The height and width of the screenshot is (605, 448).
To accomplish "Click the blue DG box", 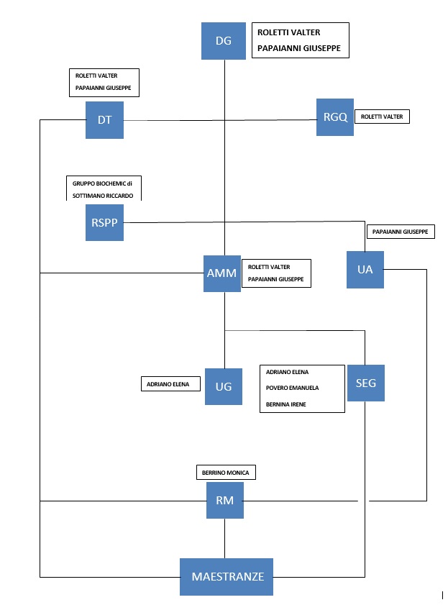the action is click(x=223, y=41).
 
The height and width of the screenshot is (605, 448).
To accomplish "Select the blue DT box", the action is click(x=104, y=120).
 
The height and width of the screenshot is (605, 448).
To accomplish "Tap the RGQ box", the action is click(x=335, y=117).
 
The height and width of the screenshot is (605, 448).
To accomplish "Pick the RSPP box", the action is click(x=104, y=222).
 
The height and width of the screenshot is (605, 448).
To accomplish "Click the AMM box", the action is click(x=222, y=273).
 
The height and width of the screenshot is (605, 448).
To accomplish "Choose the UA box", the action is click(x=365, y=270).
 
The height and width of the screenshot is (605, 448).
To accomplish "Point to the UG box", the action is click(x=224, y=386).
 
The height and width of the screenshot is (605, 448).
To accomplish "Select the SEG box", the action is click(x=366, y=383).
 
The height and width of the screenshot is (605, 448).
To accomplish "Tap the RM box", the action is click(x=225, y=501).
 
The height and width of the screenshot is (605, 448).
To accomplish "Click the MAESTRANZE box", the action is click(x=227, y=577).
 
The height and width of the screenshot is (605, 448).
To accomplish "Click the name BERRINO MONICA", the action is click(x=226, y=473).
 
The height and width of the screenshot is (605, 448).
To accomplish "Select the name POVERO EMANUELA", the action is click(x=292, y=388).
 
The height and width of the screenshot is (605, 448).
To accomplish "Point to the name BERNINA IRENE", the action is click(x=285, y=404).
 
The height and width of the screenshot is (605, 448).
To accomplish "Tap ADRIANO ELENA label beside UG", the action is click(x=168, y=384).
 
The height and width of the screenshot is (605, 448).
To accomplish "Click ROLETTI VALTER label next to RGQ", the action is click(x=382, y=117).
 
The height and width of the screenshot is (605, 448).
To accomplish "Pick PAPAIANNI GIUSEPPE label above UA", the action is click(x=401, y=232).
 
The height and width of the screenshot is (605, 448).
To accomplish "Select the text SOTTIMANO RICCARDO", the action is click(x=103, y=196).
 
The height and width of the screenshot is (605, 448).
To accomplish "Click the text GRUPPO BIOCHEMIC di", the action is click(x=102, y=183).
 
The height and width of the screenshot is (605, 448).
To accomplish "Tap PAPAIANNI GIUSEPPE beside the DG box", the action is click(x=299, y=48).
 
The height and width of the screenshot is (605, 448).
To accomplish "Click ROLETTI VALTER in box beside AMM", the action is click(x=269, y=267).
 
